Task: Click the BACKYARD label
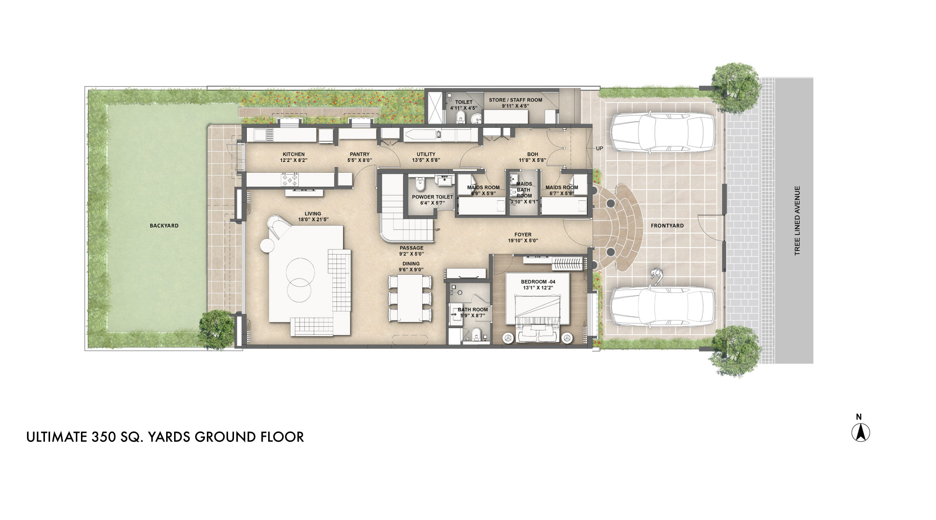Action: point(164,226)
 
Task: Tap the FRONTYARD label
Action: point(667,226)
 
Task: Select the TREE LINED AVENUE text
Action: point(797,220)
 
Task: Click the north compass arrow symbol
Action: point(860,432)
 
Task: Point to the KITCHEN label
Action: point(293,154)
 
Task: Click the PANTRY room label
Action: point(359,154)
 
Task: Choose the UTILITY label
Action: point(426,154)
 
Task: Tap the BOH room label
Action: point(533,154)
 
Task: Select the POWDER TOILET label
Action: point(432,197)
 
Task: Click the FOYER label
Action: point(523,235)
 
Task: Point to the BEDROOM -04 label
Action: point(538,282)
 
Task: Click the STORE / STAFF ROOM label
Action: point(515,100)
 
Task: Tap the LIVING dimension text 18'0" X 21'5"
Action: point(313,220)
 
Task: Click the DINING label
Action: point(411,264)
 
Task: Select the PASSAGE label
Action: point(411,248)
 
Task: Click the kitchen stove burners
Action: point(289,179)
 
